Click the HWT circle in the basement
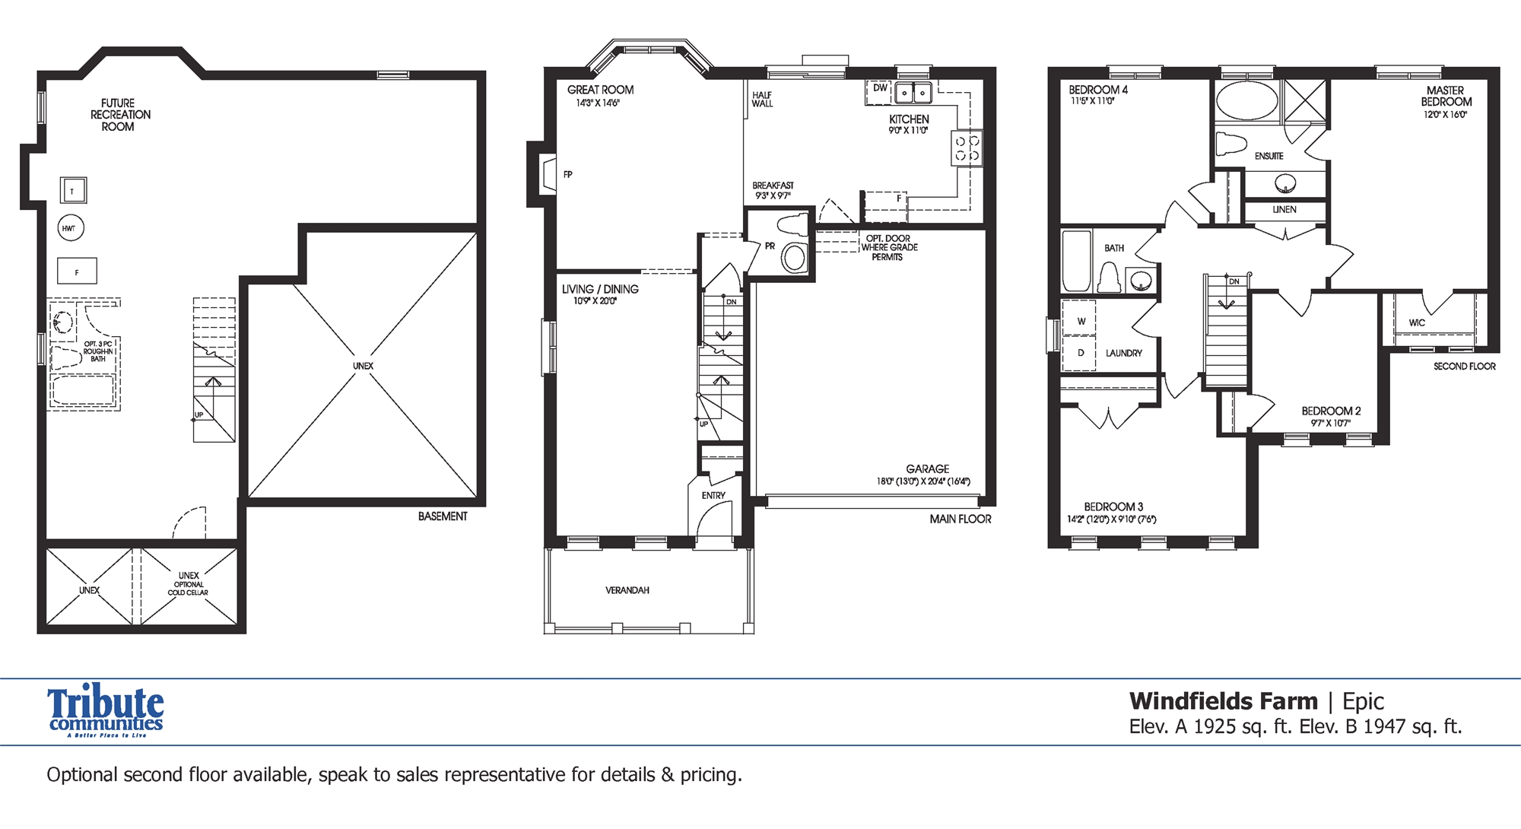click(70, 228)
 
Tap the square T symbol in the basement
click(73, 191)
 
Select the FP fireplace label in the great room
click(567, 175)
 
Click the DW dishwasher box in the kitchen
click(879, 90)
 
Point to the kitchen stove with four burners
click(967, 148)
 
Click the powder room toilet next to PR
click(792, 225)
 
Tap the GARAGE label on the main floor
click(927, 469)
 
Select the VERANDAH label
click(627, 590)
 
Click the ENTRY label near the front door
click(713, 496)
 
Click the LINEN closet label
click(1284, 210)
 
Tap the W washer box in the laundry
click(1081, 321)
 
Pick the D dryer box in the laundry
click(1081, 353)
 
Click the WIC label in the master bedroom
click(1417, 323)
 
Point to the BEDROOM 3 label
click(1113, 507)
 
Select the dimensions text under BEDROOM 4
click(1092, 101)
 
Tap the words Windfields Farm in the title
click(1223, 701)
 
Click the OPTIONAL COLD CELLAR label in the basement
click(188, 588)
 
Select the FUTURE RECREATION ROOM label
click(119, 115)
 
